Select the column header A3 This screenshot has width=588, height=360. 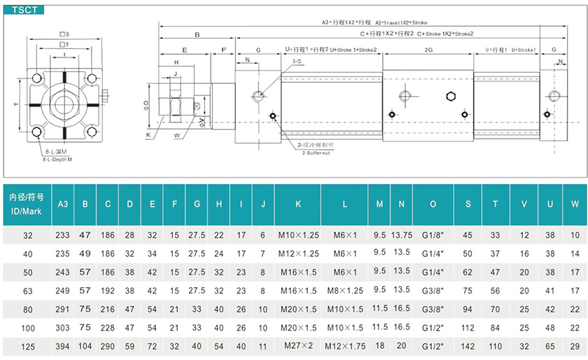click(x=62, y=204)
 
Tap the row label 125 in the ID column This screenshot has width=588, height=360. click(x=28, y=345)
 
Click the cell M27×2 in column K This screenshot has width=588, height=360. click(x=298, y=345)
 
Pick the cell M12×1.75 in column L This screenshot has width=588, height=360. click(x=344, y=345)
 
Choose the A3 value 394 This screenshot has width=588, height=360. click(x=62, y=345)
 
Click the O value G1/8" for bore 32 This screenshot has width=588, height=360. click(x=433, y=236)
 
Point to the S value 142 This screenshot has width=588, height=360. click(x=468, y=345)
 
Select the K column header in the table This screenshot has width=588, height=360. click(x=298, y=204)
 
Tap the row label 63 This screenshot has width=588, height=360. click(x=28, y=291)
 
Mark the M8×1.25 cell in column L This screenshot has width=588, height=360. click(x=344, y=291)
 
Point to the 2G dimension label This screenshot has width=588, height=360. click(x=428, y=50)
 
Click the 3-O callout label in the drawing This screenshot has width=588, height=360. click(x=295, y=62)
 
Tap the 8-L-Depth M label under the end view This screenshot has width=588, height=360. click(x=58, y=160)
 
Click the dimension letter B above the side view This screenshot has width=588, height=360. click(x=197, y=34)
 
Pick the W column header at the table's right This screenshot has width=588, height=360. click(x=574, y=204)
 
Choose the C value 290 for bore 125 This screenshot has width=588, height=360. click(x=107, y=345)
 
